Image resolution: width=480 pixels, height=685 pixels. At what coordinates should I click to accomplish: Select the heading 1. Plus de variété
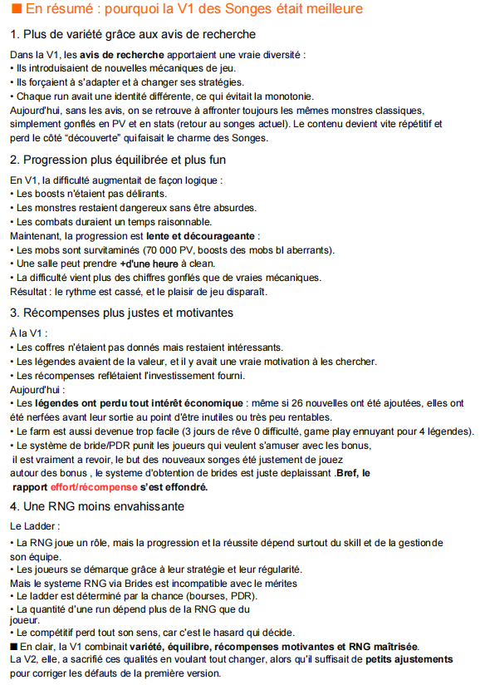[133, 35]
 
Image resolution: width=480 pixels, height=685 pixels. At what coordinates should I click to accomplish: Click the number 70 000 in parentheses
[164, 249]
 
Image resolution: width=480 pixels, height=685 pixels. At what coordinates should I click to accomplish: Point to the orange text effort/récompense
[94, 486]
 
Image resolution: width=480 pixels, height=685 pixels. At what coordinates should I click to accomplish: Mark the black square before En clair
[13, 646]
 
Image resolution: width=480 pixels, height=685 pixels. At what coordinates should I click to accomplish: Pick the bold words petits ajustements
[409, 659]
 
